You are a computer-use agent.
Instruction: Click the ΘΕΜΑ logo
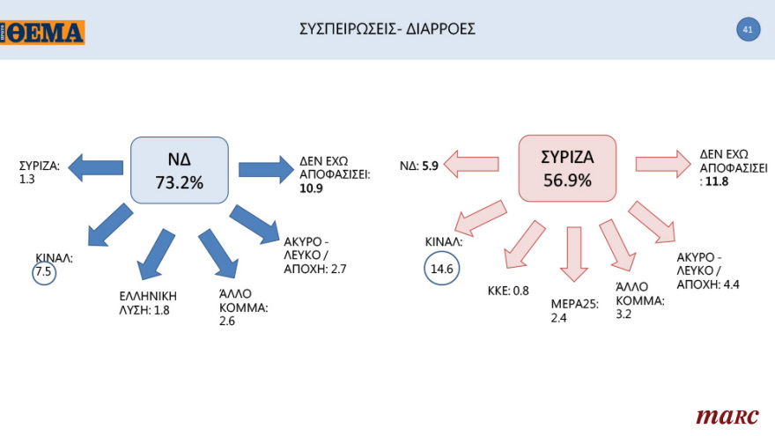point(43,32)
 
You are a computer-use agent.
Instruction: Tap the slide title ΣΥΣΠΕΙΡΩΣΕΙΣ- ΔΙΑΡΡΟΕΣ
point(387,29)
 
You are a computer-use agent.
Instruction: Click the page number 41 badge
point(747,29)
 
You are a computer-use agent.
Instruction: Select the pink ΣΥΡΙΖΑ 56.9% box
point(567,170)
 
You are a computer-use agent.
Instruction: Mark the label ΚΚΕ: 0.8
point(507,290)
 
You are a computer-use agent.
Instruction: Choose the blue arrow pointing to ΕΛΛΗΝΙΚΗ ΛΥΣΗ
point(156,253)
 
